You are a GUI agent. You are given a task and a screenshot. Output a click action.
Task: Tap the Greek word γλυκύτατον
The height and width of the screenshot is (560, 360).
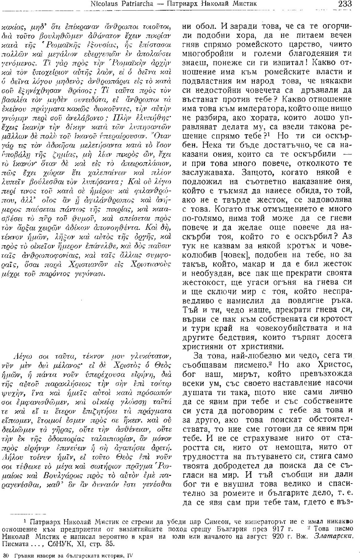[x=152, y=356]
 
